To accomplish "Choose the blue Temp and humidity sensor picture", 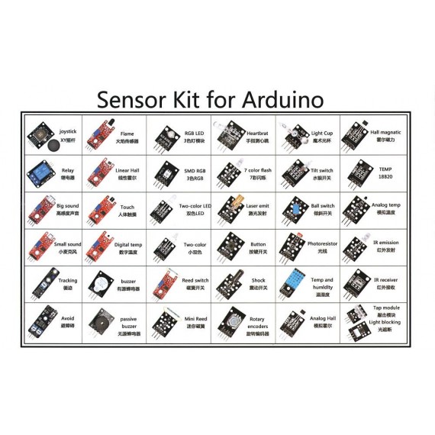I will [x=291, y=284].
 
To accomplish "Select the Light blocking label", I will [x=384, y=324].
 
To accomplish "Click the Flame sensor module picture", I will [x=101, y=136].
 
